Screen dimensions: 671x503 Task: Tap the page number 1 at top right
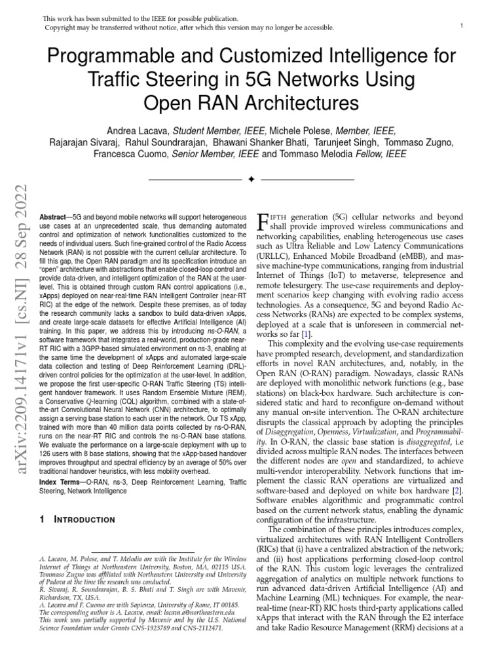click(462, 26)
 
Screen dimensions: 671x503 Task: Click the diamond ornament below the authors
click(251, 179)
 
